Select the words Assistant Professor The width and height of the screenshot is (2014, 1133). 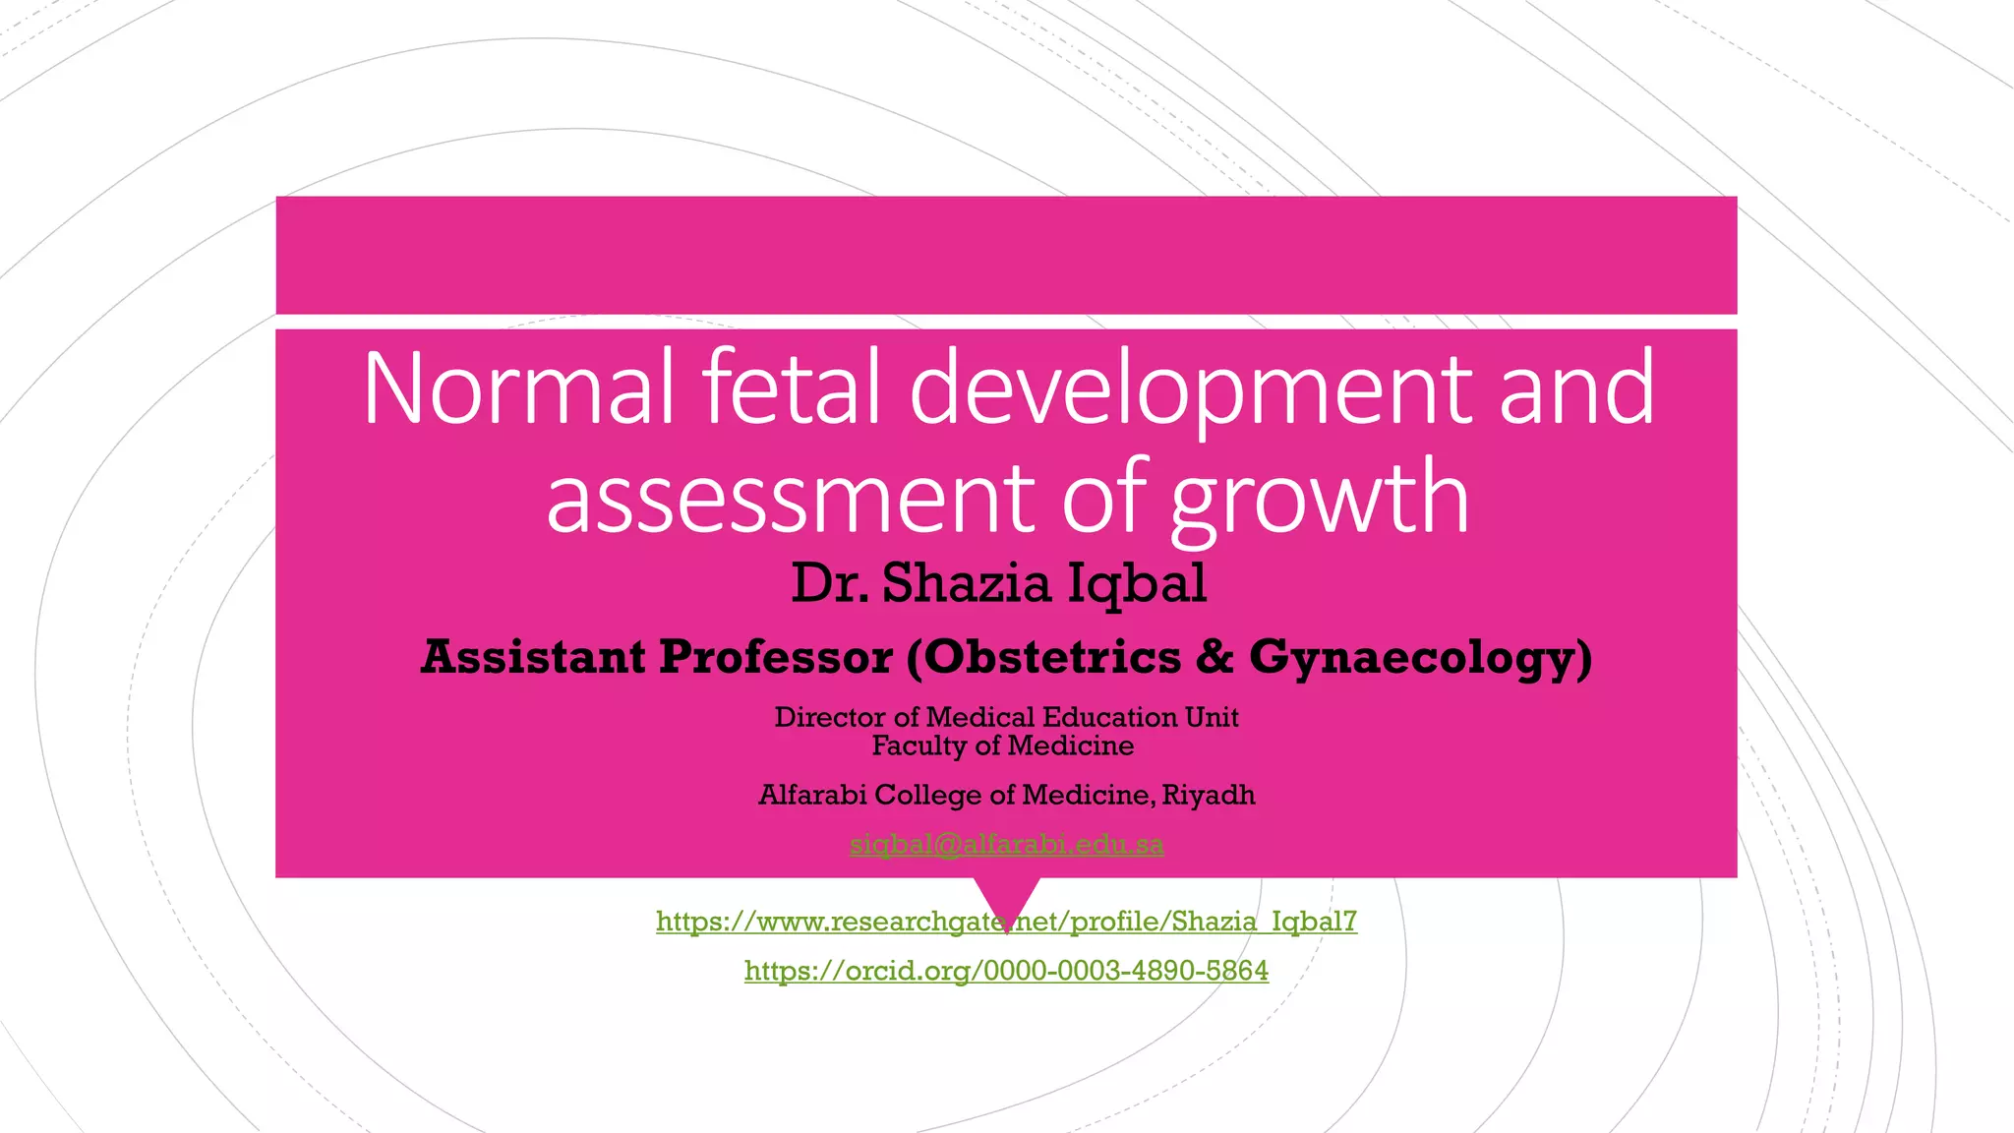(x=657, y=657)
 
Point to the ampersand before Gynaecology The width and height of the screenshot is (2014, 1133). (x=1215, y=657)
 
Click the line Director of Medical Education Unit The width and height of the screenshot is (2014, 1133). (x=1006, y=717)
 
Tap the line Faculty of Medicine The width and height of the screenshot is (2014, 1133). (x=1003, y=745)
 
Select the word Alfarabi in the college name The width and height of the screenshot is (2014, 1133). (x=812, y=795)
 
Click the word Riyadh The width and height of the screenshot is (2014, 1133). (x=1209, y=795)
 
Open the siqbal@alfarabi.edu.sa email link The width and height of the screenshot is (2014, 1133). (x=1006, y=844)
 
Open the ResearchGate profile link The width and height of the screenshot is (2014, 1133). (x=1006, y=922)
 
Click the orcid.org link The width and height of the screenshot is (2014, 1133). (x=1006, y=971)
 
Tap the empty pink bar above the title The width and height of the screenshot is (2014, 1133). (x=1006, y=255)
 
